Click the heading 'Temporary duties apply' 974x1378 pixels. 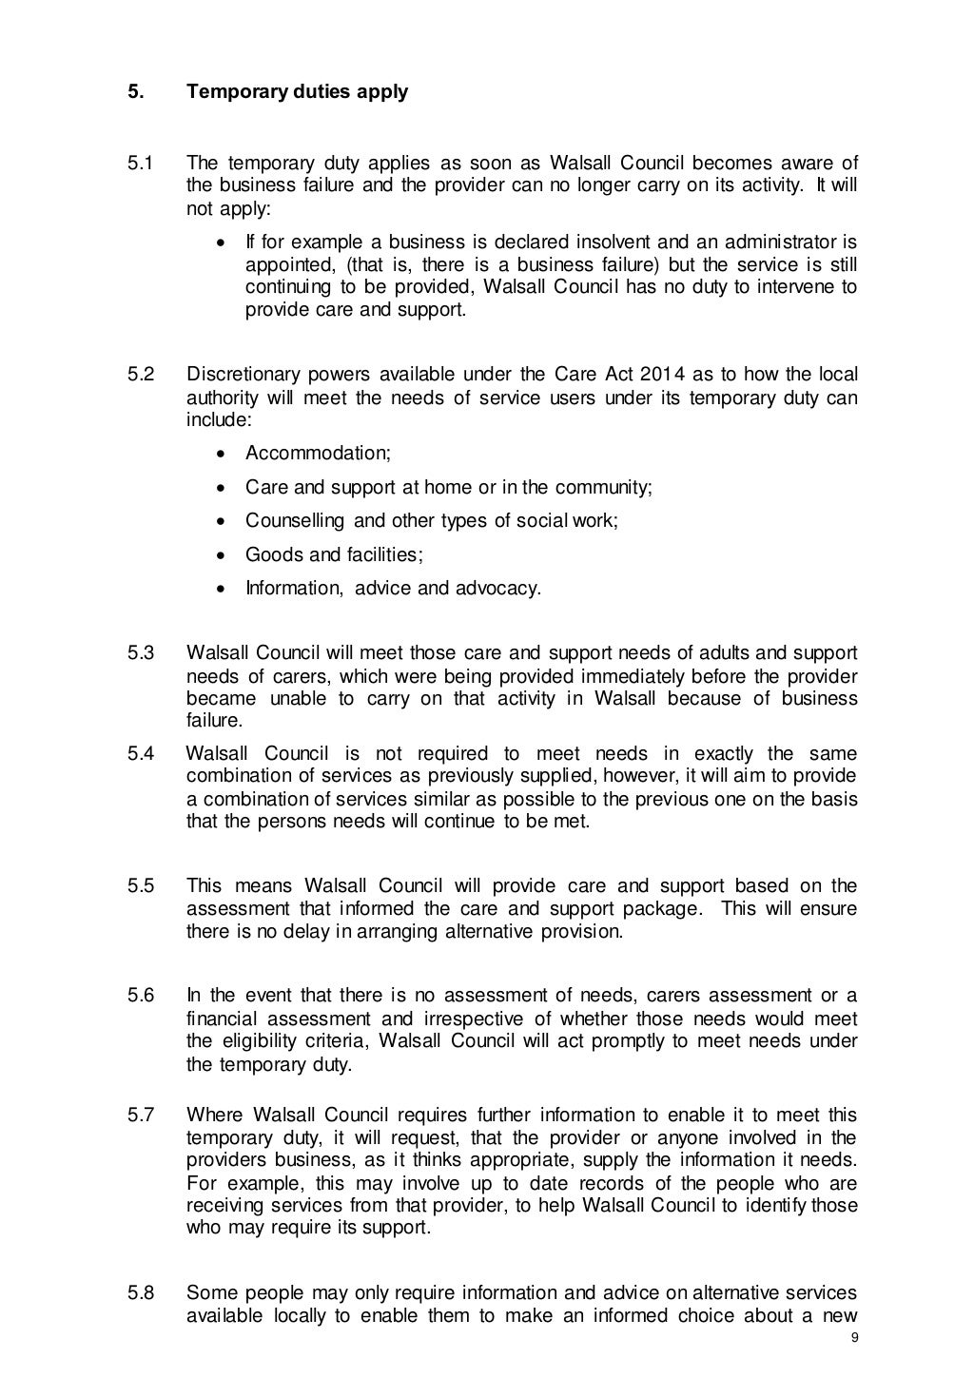point(297,92)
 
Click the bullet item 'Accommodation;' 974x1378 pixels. point(318,454)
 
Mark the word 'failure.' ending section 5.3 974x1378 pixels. point(215,721)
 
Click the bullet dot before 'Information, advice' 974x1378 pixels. point(221,590)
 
